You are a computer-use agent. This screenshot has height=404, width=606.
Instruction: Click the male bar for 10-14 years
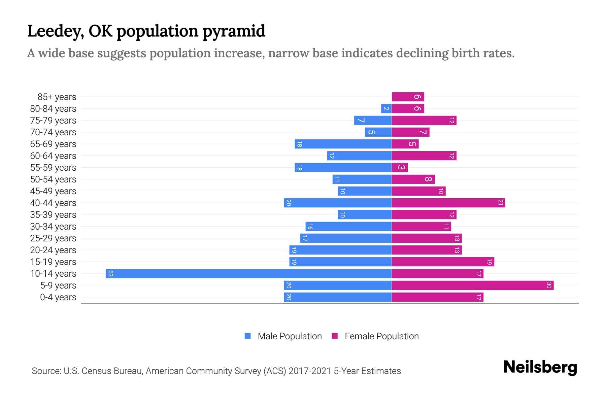point(248,273)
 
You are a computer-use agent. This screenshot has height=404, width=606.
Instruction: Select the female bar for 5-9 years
point(472,285)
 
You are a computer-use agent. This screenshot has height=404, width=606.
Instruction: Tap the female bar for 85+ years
point(408,97)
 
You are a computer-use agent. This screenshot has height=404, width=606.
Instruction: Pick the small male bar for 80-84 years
point(386,109)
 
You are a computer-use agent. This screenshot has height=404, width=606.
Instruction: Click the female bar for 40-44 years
point(448,203)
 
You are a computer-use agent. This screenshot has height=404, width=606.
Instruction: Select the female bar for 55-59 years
point(400,168)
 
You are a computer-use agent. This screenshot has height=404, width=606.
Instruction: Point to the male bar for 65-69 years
point(343,144)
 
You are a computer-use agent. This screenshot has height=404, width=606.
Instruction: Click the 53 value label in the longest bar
point(110,273)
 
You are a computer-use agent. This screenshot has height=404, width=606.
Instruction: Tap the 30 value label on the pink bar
point(549,285)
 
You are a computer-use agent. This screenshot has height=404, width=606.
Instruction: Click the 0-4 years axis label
point(58,297)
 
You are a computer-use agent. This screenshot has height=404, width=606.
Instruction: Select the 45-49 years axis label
point(53,191)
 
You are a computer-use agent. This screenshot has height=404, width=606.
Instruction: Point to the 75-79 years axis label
point(53,121)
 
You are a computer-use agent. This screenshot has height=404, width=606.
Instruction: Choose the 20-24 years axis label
point(53,250)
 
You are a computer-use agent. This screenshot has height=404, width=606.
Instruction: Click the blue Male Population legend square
point(248,336)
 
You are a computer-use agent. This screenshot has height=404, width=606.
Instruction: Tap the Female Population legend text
point(381,336)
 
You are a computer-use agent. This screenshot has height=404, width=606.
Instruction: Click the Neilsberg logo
point(540,367)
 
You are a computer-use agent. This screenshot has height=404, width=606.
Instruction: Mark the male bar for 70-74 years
point(378,132)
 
